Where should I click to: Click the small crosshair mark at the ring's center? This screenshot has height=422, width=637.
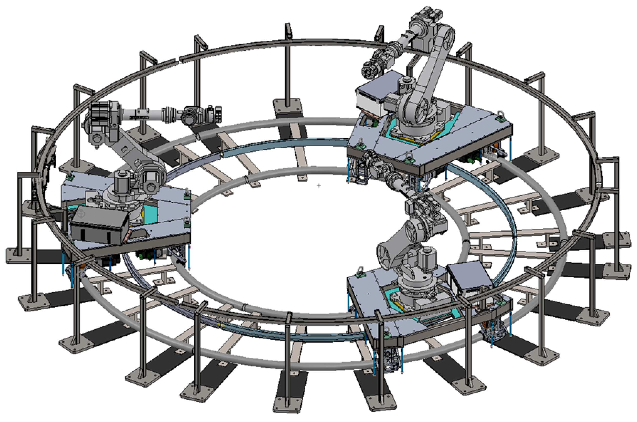tap(319, 186)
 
